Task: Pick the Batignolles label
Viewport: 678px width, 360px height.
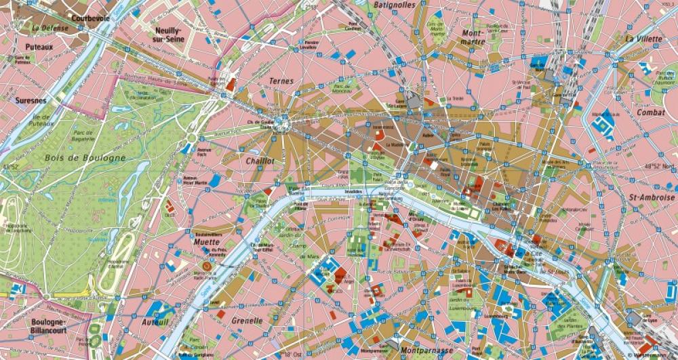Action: [x=395, y=5]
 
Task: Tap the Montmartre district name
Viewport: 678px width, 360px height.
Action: [x=473, y=37]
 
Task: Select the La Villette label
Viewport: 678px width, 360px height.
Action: [x=643, y=39]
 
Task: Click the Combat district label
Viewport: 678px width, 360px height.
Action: [x=650, y=113]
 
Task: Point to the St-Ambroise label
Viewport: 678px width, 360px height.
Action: [x=652, y=197]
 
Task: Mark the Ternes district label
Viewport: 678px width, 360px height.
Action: [x=281, y=81]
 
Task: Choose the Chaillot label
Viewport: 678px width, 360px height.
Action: [x=260, y=161]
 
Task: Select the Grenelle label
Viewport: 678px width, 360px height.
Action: [x=247, y=321]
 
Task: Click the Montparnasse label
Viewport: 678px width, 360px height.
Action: [x=426, y=351]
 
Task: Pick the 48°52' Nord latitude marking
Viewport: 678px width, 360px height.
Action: [x=660, y=166]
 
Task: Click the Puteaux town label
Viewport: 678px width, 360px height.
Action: [x=39, y=47]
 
